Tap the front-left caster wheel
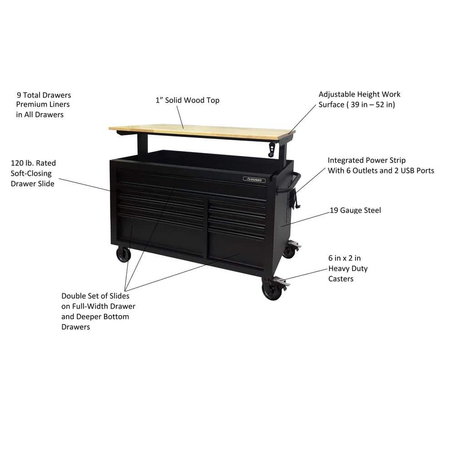pos(123,255)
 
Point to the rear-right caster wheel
pos(289,251)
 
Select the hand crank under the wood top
pos(272,148)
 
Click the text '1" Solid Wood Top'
pos(187,100)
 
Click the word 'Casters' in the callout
pos(340,278)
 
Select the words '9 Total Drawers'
pos(44,95)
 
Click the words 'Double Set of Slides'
pos(95,296)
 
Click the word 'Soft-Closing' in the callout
pos(31,173)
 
